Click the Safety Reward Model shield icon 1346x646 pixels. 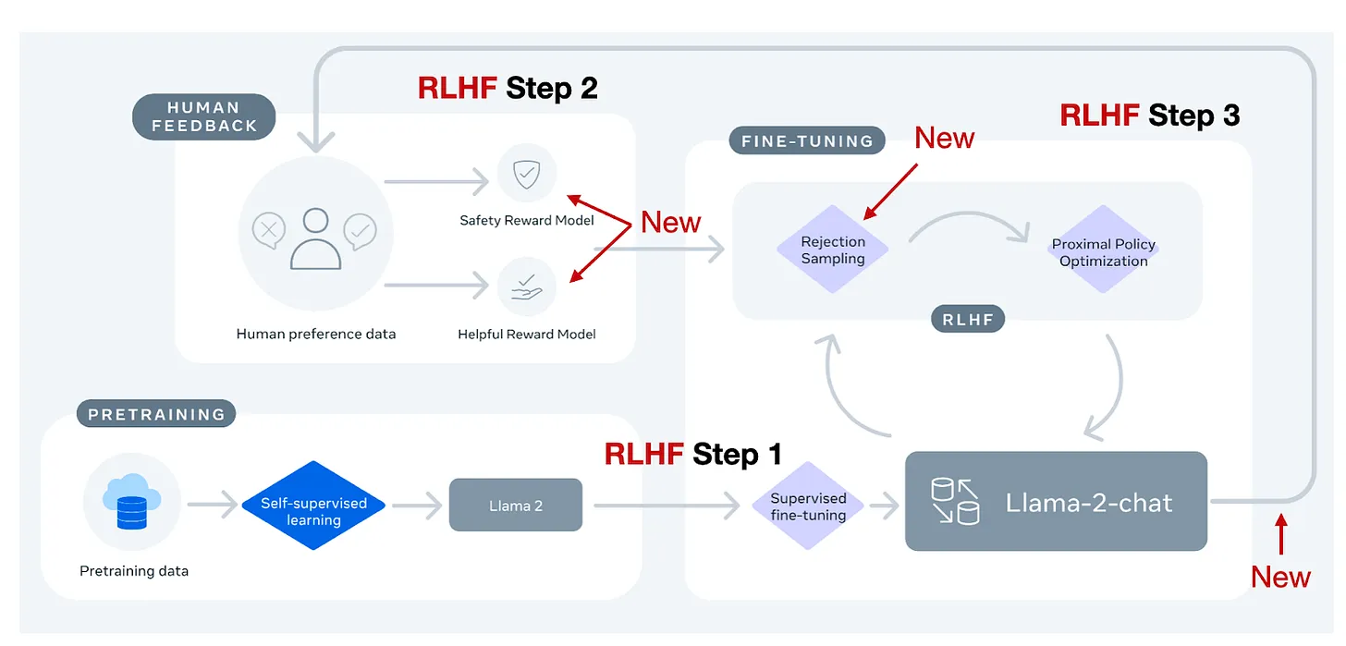526,173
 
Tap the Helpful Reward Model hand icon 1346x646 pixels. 526,286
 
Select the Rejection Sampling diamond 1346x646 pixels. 833,250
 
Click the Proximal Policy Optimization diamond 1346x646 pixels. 1104,252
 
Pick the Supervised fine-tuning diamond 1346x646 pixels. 808,506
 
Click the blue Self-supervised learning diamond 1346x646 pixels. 313,506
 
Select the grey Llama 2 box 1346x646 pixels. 516,505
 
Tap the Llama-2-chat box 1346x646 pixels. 1056,502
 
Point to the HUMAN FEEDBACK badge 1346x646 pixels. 204,117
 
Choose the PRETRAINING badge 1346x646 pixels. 156,414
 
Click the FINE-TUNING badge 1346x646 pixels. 807,141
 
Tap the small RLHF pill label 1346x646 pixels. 968,320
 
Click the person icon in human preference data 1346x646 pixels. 315,238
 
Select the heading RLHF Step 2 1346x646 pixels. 508,88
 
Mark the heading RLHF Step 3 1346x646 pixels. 1149,116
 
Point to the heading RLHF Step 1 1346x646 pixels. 692,454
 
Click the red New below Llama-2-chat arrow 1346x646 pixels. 1280,577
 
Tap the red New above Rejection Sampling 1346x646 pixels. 944,138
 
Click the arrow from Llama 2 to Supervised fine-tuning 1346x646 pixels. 667,506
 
